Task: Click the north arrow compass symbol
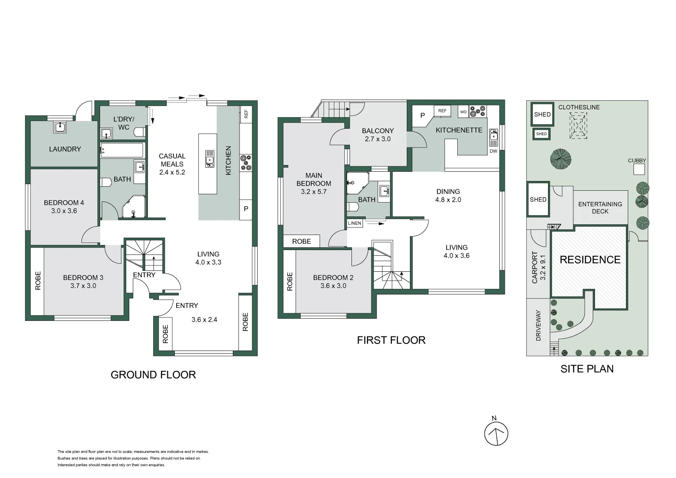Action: click(496, 433)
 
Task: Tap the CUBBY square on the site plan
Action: click(639, 169)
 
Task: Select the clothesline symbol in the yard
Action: click(578, 126)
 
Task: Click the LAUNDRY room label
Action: click(65, 149)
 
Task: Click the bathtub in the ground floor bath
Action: click(122, 150)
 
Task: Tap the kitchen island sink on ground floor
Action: click(210, 158)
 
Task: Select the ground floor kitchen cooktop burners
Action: click(246, 162)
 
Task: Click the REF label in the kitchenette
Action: click(442, 111)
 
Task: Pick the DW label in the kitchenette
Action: click(493, 151)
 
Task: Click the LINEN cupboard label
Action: click(355, 224)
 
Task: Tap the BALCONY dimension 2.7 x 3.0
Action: click(378, 139)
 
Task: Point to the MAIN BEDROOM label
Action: click(313, 179)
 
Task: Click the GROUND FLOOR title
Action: click(153, 375)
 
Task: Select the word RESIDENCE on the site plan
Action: click(590, 260)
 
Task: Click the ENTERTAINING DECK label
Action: click(600, 208)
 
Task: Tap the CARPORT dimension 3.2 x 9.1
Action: click(543, 267)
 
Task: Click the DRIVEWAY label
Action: click(538, 325)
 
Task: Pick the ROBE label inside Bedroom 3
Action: click(38, 281)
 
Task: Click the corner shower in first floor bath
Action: click(356, 184)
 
